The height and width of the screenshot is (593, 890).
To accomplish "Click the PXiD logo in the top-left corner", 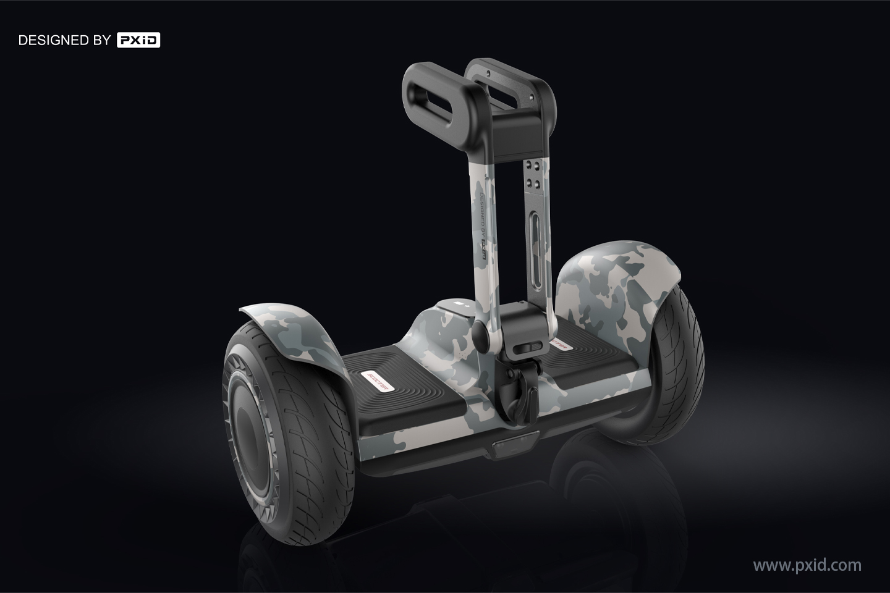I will click(x=138, y=41).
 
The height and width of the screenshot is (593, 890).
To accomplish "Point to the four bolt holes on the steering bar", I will click(x=536, y=175).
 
